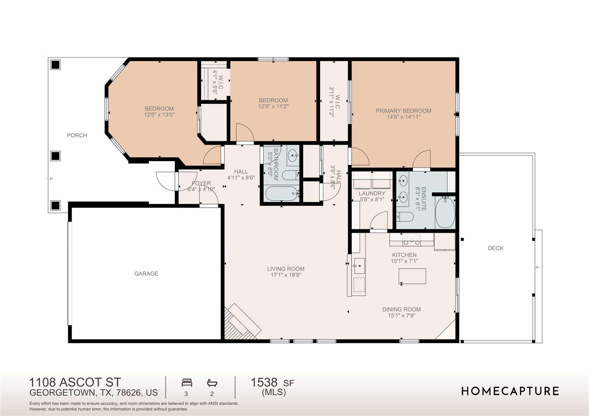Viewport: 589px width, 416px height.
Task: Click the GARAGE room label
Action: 146,273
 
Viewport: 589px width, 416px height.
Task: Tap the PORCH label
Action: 77,135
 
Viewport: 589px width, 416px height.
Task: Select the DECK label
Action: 495,248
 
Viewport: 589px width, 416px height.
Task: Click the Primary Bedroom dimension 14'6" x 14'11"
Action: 403,117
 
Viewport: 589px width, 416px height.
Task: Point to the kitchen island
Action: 412,276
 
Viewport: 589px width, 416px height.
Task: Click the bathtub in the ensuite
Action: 445,212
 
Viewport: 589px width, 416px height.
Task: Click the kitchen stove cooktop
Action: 412,239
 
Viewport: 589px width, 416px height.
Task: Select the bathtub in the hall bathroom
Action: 282,193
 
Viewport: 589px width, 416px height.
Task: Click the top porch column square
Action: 55,65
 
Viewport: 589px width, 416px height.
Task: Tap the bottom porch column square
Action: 55,205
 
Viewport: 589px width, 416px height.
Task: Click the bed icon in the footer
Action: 187,383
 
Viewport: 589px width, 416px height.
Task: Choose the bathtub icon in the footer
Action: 212,383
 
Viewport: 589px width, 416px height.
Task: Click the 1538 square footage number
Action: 264,382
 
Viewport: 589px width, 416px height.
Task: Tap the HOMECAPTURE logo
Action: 510,391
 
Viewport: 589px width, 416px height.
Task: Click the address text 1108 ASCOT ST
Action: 75,382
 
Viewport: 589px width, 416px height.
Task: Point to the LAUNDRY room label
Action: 372,193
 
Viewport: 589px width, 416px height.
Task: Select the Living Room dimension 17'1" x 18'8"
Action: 286,275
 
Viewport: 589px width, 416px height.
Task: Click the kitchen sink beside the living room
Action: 359,266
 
